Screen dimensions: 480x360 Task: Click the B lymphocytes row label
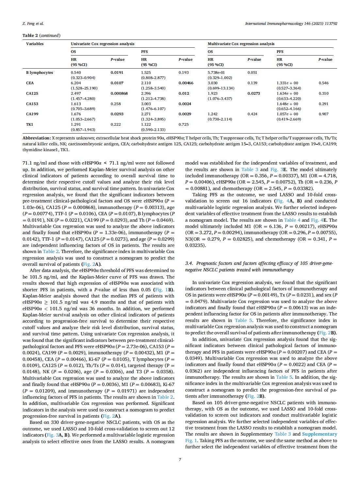coord(39,72)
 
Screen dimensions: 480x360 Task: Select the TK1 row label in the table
coord(29,124)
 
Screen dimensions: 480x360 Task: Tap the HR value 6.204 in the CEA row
coord(76,83)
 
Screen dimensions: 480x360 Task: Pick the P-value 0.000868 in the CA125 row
coord(119,93)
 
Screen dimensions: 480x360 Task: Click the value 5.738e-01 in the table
coord(216,72)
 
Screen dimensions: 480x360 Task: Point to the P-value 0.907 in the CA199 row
coord(323,114)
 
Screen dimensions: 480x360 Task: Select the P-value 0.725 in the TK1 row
coord(184,124)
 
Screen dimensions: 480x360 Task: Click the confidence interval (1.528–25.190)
coord(84,88)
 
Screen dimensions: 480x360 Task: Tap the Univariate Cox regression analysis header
coord(102,44)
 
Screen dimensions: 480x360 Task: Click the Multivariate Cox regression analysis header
coord(241,44)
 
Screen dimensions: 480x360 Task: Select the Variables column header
coord(35,44)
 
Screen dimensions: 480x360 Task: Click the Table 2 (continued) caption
coord(41,36)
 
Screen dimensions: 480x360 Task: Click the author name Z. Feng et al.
coord(33,24)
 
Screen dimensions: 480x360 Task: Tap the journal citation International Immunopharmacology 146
coord(291,24)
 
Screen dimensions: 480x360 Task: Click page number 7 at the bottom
coord(180,460)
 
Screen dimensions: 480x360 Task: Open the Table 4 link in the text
coord(290,220)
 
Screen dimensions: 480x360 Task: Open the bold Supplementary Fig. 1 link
coord(319,434)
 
